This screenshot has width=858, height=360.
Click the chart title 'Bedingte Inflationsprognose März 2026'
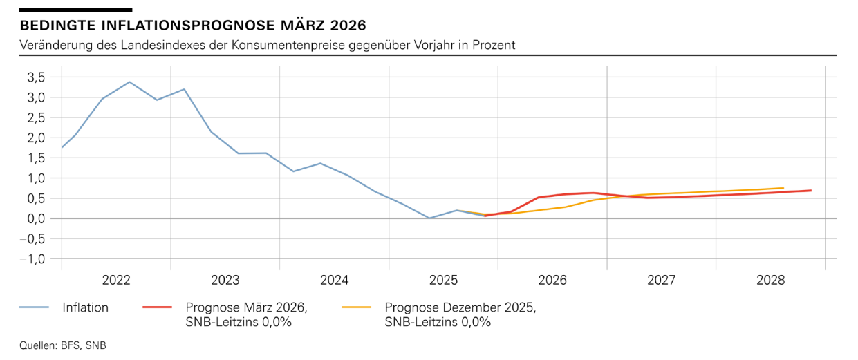click(193, 26)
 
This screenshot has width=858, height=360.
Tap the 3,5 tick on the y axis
click(36, 77)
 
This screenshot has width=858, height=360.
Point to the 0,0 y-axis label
click(36, 218)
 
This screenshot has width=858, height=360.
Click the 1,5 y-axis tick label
click(36, 158)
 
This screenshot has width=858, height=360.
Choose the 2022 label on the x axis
click(116, 281)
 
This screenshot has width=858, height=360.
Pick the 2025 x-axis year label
click(443, 281)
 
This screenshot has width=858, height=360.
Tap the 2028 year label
click(771, 281)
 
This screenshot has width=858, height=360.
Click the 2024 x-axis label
click(335, 281)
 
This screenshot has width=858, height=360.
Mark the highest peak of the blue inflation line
click(129, 82)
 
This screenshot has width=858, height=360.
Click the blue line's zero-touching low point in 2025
click(429, 218)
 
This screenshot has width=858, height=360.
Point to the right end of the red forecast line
click(811, 191)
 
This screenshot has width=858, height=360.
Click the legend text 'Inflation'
click(86, 307)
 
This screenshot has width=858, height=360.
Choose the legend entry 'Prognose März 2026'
click(246, 307)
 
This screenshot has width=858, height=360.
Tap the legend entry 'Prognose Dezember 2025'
click(460, 307)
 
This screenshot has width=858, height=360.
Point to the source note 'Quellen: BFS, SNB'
click(64, 345)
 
